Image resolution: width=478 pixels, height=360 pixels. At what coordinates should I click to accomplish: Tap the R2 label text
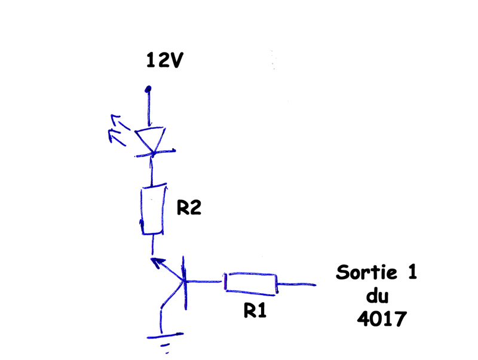click(x=188, y=208)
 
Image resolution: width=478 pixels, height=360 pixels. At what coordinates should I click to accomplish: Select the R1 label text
click(x=254, y=310)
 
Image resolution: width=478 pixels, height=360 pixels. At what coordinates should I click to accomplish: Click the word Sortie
click(x=367, y=273)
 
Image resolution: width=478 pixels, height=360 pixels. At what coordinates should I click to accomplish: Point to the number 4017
click(x=381, y=319)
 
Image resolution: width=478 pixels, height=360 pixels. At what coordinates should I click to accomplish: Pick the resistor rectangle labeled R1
click(x=251, y=283)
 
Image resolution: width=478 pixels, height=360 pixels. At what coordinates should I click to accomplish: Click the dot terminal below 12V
click(x=148, y=90)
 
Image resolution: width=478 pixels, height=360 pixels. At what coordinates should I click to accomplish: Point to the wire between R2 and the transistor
click(x=154, y=244)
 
